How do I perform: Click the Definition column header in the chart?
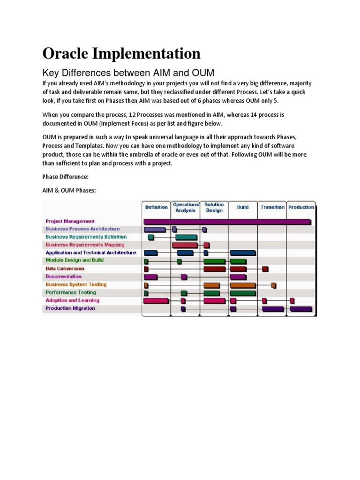point(157,207)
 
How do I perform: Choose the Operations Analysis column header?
point(186,207)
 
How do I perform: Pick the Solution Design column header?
point(214,207)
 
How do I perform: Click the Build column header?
point(243,207)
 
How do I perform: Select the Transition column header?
point(272,207)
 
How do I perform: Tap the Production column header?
point(301,207)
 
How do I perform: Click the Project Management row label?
point(70,221)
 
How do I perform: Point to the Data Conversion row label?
point(65,269)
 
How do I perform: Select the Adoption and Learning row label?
point(72,300)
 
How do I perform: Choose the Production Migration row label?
point(70,308)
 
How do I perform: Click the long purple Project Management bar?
point(227,221)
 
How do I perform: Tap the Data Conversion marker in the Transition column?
point(265,269)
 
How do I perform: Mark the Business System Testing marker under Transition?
point(274,285)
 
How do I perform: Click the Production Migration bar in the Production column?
point(301,309)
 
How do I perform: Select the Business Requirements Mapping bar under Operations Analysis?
point(185,245)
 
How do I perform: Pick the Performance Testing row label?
point(71,292)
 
